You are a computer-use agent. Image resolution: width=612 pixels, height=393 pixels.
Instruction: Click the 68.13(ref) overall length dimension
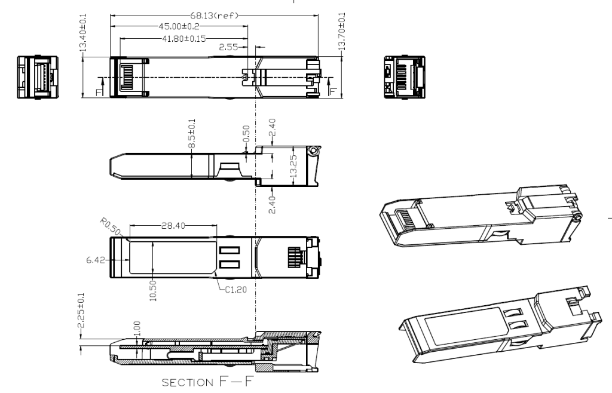coord(214,16)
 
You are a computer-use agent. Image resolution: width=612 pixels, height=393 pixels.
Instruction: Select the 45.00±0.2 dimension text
coord(179,26)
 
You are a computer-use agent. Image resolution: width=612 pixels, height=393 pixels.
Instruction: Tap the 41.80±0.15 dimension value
coord(184,39)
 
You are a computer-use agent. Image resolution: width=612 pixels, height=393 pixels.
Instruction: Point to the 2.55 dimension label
coord(228,47)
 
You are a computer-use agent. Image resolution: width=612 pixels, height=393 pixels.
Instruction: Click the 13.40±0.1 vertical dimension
coord(82,33)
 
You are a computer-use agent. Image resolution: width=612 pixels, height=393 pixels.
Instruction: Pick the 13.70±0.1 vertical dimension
coord(342,32)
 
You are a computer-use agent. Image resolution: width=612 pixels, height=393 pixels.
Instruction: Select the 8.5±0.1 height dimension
coord(192,134)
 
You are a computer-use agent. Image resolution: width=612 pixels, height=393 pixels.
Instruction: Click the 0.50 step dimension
coord(246,134)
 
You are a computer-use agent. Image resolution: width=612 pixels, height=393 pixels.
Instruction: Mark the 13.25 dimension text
coord(294,165)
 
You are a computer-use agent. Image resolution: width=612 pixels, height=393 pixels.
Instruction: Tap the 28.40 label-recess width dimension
coord(173,225)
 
